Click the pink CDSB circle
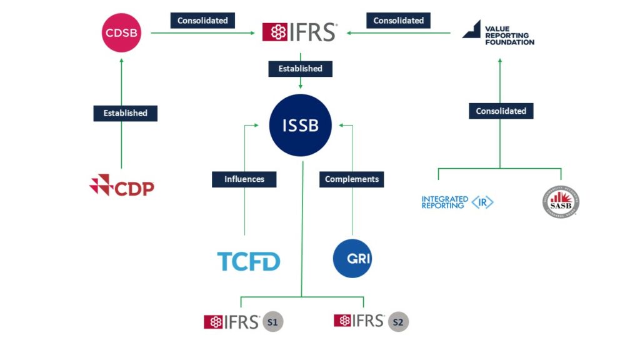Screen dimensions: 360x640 pyautogui.click(x=122, y=32)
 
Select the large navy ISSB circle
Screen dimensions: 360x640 pyautogui.click(x=300, y=125)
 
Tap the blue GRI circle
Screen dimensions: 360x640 pyautogui.click(x=352, y=258)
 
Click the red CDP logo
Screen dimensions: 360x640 pyautogui.click(x=122, y=186)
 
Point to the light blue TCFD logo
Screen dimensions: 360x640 pyautogui.click(x=249, y=261)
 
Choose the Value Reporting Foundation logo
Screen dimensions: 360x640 pyautogui.click(x=498, y=33)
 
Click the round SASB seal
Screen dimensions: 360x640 pyautogui.click(x=561, y=202)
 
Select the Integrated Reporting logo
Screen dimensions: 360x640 pyautogui.click(x=457, y=202)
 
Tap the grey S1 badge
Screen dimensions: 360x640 pyautogui.click(x=273, y=322)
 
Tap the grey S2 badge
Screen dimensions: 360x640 pyautogui.click(x=398, y=322)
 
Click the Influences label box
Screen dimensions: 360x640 pyautogui.click(x=244, y=179)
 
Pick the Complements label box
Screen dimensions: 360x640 pyautogui.click(x=352, y=179)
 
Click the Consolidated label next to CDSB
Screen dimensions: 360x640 pyautogui.click(x=202, y=21)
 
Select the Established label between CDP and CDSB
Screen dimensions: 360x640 pyautogui.click(x=126, y=113)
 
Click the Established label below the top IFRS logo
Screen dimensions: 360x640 pyautogui.click(x=300, y=69)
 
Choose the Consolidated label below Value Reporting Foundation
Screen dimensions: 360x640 pyautogui.click(x=501, y=111)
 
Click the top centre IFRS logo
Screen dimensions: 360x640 pyautogui.click(x=300, y=32)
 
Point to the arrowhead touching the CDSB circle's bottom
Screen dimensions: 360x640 pyautogui.click(x=122, y=61)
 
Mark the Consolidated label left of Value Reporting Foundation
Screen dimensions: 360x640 pyautogui.click(x=399, y=21)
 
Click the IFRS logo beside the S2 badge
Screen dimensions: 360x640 pyautogui.click(x=359, y=321)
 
